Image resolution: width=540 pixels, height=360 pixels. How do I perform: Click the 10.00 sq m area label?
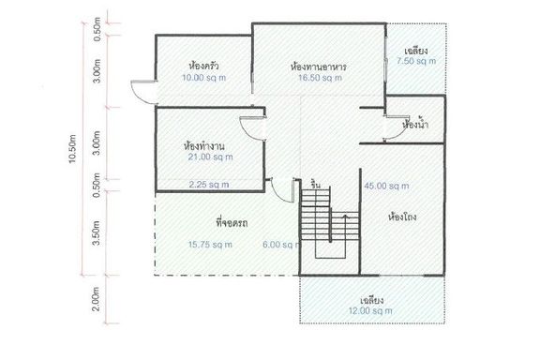click(x=203, y=78)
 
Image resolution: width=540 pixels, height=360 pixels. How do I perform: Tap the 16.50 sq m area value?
click(x=320, y=78)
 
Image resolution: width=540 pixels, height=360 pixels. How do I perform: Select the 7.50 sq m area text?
click(x=416, y=61)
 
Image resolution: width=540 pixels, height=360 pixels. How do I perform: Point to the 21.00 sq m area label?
click(x=210, y=157)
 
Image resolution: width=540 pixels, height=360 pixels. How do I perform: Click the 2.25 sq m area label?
click(x=209, y=185)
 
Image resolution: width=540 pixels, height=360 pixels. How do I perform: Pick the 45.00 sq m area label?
click(x=387, y=186)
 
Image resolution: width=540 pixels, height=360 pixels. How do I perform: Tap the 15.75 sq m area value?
click(x=210, y=245)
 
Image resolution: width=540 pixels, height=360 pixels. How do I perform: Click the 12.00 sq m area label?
click(x=370, y=311)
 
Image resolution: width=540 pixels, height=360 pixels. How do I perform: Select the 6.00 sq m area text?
click(x=281, y=245)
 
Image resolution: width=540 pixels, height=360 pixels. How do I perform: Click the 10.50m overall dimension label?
click(x=73, y=149)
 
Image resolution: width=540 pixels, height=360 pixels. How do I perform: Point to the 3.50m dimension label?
click(x=97, y=232)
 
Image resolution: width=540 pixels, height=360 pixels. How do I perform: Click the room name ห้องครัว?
click(x=203, y=65)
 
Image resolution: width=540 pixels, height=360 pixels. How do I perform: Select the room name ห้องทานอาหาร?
click(x=319, y=67)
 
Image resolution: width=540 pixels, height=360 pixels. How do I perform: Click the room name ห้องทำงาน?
click(x=204, y=145)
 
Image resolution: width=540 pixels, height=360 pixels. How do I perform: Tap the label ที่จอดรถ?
click(x=232, y=223)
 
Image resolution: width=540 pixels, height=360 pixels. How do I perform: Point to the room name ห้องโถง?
click(x=402, y=217)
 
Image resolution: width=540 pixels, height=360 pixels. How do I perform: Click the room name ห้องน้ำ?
click(x=415, y=124)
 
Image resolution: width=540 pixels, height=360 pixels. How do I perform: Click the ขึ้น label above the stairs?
click(x=315, y=185)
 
